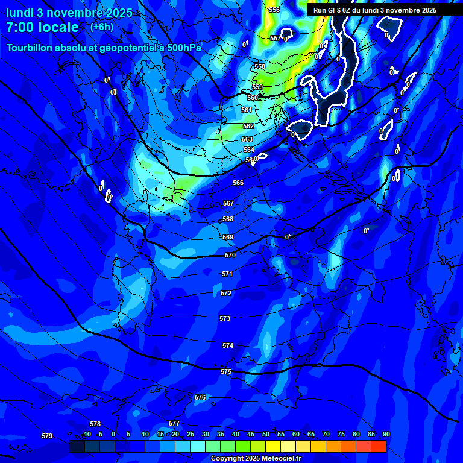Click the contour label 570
(x=230, y=256)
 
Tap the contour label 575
(x=226, y=372)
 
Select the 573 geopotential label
(x=225, y=318)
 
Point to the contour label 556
(x=274, y=10)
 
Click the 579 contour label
(x=47, y=436)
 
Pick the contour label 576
(x=200, y=398)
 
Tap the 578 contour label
(x=95, y=424)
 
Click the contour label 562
(x=248, y=127)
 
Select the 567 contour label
(x=228, y=204)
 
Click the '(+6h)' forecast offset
(x=101, y=27)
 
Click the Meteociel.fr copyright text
(x=256, y=459)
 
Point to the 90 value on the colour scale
(x=386, y=435)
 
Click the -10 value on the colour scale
(x=86, y=435)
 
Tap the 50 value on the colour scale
(x=266, y=435)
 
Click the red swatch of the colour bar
(x=379, y=446)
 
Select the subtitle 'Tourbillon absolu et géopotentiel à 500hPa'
(x=104, y=48)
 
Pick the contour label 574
(x=228, y=346)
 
